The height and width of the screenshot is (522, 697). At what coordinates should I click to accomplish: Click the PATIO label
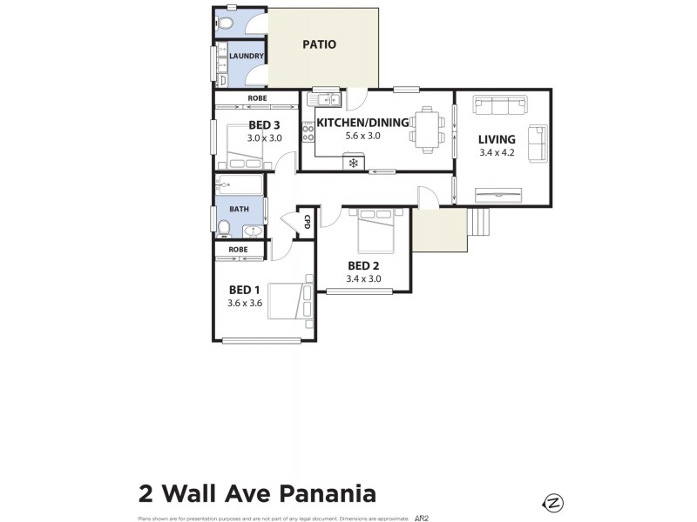pyautogui.click(x=319, y=44)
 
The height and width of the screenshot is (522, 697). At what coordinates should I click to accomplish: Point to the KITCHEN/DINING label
pyautogui.click(x=362, y=123)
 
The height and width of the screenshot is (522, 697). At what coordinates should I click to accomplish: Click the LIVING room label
pyautogui.click(x=497, y=139)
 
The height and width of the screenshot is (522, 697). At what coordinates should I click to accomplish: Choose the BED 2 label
pyautogui.click(x=363, y=265)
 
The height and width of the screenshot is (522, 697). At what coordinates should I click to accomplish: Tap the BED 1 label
pyautogui.click(x=245, y=290)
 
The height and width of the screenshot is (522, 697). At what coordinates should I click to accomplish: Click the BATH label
pyautogui.click(x=239, y=209)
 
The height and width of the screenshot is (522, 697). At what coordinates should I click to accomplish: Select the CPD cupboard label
pyautogui.click(x=307, y=223)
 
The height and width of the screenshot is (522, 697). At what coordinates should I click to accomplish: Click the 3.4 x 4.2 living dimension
pyautogui.click(x=497, y=154)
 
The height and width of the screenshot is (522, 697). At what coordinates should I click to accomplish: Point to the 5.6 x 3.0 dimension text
pyautogui.click(x=363, y=137)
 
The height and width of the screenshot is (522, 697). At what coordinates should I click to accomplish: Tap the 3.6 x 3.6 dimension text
pyautogui.click(x=245, y=304)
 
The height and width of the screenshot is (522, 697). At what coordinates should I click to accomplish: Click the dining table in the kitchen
pyautogui.click(x=428, y=129)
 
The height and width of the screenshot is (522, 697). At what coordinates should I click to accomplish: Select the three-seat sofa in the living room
pyautogui.click(x=500, y=107)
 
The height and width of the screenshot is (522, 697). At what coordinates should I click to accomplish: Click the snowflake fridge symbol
pyautogui.click(x=354, y=163)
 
